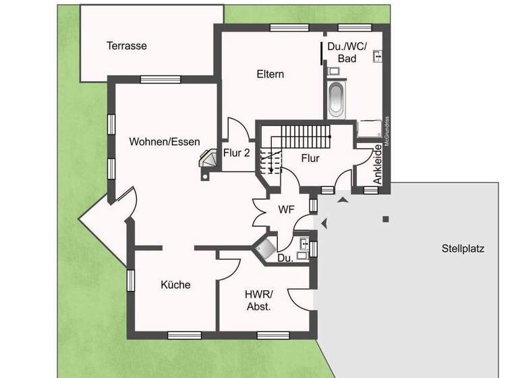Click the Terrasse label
click(x=126, y=47)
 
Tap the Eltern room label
click(x=270, y=74)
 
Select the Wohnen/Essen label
click(x=165, y=142)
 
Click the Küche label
click(x=175, y=285)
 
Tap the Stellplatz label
click(x=463, y=248)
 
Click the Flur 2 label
click(x=237, y=153)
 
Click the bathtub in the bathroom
click(x=336, y=99)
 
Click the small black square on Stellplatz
click(x=386, y=219)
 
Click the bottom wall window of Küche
click(x=184, y=334)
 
